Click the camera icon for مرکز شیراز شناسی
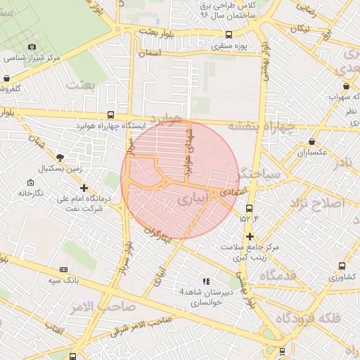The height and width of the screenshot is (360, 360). click(31, 47)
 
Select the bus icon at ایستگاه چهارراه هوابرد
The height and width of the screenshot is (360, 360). click(110, 115)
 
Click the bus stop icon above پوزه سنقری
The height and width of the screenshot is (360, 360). click(229, 34)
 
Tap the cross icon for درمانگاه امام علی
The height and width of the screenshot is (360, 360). click(84, 188)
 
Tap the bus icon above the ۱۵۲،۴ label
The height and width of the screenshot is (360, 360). click(249, 208)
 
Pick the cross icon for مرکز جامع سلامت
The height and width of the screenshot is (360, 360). click(250, 236)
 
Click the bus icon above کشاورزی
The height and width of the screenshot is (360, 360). click(342, 266)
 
